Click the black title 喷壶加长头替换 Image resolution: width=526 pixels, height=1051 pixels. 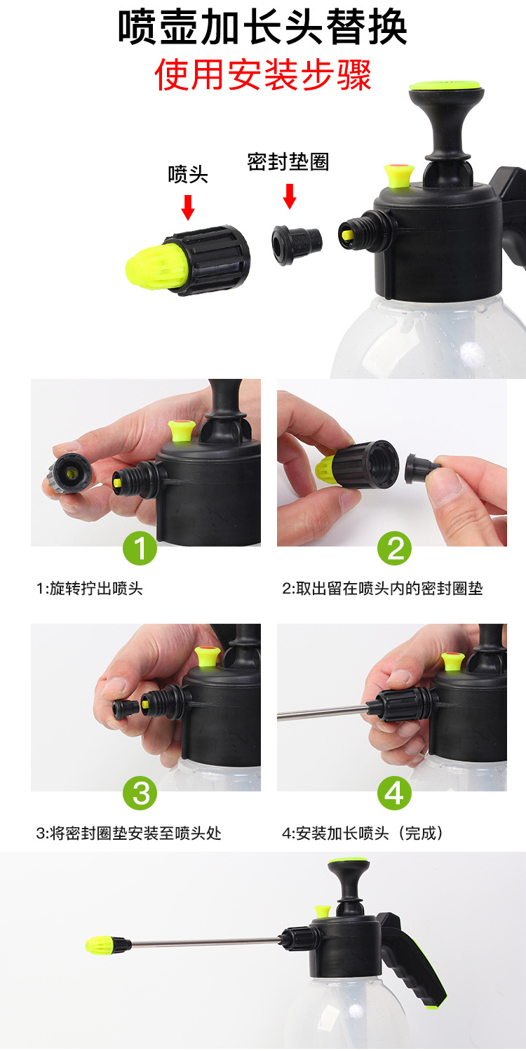(262, 27)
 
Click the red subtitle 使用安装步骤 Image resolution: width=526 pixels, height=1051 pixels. (263, 74)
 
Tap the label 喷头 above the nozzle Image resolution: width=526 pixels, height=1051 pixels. (188, 175)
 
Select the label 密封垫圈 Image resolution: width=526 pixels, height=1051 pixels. (288, 162)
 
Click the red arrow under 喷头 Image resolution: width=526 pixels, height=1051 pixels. (188, 208)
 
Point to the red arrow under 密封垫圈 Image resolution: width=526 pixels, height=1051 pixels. (290, 196)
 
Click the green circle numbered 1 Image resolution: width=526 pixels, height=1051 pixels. (140, 548)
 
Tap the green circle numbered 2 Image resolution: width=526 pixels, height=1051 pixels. (395, 548)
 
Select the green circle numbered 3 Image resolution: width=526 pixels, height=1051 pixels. (140, 793)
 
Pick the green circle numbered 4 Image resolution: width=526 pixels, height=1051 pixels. (395, 793)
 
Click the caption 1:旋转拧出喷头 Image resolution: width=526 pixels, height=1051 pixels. (90, 589)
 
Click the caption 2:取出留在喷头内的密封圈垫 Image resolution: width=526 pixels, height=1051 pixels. (382, 589)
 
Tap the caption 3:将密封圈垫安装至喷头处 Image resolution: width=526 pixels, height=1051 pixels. (128, 834)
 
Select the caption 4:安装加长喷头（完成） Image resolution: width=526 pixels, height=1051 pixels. (363, 834)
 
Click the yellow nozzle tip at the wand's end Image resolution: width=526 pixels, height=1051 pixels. (99, 944)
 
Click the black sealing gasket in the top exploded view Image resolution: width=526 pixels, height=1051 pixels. (297, 245)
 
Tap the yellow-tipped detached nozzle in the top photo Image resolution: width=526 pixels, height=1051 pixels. (188, 260)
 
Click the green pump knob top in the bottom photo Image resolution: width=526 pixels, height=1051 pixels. (348, 862)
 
